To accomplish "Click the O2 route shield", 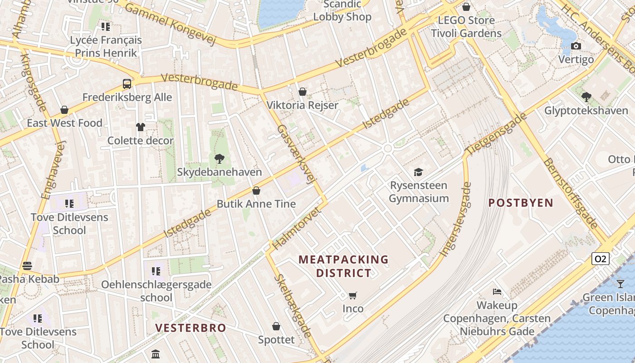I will click(x=600, y=259).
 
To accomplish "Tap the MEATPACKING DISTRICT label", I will click(x=343, y=266).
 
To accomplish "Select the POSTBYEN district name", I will click(x=521, y=203).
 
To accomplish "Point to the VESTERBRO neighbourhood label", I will click(x=190, y=328).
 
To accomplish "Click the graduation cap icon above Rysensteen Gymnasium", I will click(x=418, y=172).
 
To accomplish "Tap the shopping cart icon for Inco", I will click(x=352, y=296).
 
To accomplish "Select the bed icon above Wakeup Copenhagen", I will click(x=497, y=292).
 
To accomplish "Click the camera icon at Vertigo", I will click(x=576, y=46).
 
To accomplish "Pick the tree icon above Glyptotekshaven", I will click(x=586, y=97).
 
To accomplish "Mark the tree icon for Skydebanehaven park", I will click(x=219, y=159).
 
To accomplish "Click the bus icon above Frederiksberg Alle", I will click(x=127, y=84).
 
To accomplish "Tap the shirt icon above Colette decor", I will click(x=140, y=127).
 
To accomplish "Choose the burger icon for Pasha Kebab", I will click(x=27, y=266).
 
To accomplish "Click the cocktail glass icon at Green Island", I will click(x=620, y=284).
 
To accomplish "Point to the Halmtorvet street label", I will click(x=297, y=228).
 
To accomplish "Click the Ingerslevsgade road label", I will click(x=455, y=219).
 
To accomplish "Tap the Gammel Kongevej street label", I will click(x=170, y=24).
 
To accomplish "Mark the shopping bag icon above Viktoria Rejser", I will click(x=303, y=92).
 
